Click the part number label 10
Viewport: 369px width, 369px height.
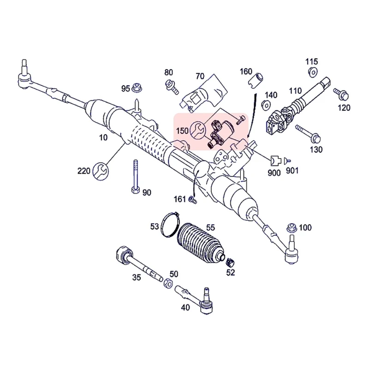(x=103, y=137)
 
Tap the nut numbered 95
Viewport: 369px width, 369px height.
(x=137, y=87)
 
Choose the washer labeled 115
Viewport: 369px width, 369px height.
(x=311, y=71)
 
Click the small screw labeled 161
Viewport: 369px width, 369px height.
(x=192, y=200)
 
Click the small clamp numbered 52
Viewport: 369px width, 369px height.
(x=232, y=262)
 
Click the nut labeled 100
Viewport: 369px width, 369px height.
(x=291, y=227)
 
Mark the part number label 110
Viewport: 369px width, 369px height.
(x=295, y=90)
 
